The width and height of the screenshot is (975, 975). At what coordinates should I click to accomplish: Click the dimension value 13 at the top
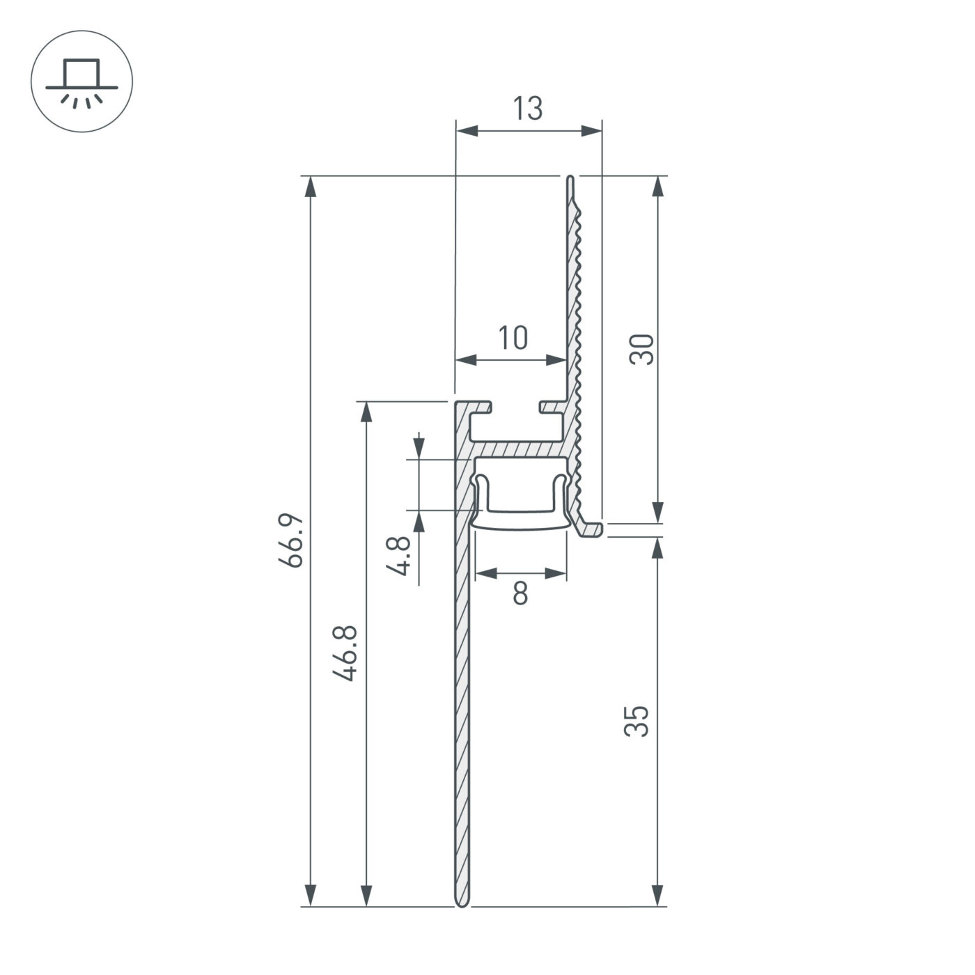[527, 109]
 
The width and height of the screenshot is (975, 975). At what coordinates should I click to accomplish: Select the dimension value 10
[513, 338]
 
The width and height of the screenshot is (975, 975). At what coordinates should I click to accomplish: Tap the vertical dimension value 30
[641, 349]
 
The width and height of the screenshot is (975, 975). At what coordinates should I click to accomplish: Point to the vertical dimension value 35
[637, 721]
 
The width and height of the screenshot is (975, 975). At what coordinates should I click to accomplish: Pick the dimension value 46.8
[345, 653]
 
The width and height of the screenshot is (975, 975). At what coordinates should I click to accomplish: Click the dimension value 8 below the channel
[520, 594]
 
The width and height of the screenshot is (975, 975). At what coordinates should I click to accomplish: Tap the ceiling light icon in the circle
[81, 81]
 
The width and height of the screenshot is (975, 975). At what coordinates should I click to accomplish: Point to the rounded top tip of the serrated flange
[570, 180]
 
